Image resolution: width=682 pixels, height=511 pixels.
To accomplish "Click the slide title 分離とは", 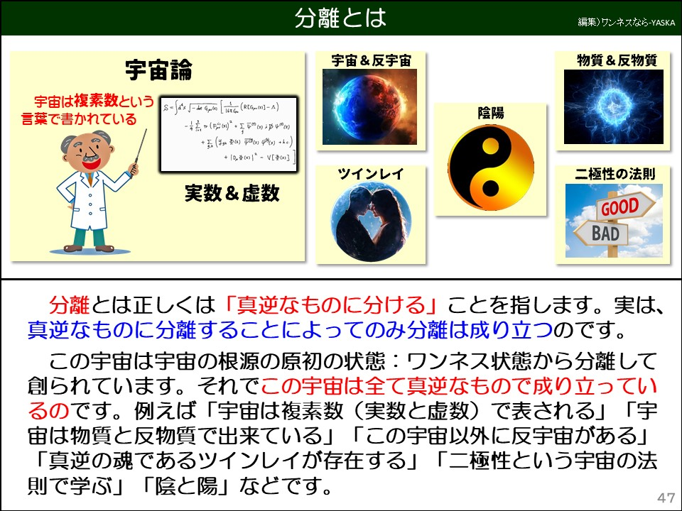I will pos(340,18).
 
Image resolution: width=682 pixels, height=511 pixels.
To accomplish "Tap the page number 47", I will pos(666,496).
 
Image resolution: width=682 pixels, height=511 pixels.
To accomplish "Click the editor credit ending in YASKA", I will pos(625,22).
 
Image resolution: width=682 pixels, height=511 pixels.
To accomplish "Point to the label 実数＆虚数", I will pos(232,192).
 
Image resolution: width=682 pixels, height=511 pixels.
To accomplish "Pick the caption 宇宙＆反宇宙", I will pos(371,60).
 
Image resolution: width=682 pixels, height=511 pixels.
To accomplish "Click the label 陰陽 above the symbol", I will pos(490,113).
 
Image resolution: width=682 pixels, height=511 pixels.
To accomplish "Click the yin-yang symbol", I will pos(490,167).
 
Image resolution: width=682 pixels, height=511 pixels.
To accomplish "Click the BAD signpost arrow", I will pos(602,232).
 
